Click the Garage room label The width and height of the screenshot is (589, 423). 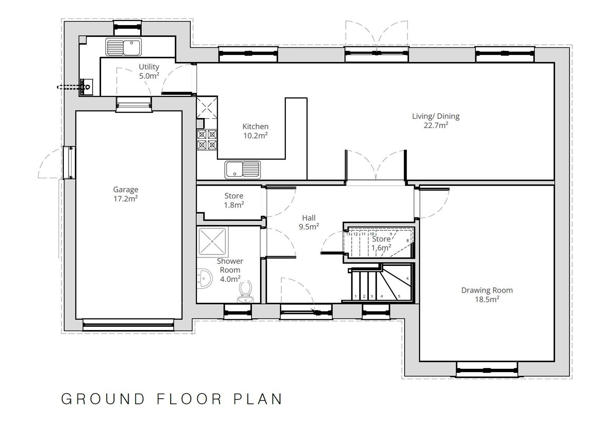coord(125,194)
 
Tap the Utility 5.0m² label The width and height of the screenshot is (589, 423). coord(149,71)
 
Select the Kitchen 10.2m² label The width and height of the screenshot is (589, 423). coord(255,131)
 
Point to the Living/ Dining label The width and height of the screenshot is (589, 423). coord(435,120)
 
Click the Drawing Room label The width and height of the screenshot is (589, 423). coord(486,295)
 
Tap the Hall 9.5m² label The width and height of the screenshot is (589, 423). coord(309,222)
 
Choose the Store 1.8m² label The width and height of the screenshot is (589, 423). coord(234,200)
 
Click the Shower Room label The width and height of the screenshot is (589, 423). coord(230,269)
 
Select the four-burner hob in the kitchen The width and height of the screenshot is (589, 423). coord(207,140)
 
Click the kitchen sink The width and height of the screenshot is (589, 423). coord(242,170)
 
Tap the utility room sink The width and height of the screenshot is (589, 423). coord(123,47)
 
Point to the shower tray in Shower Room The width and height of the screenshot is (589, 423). coord(212,242)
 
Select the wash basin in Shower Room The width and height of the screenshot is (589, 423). coord(204,278)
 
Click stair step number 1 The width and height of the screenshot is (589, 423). coord(356,296)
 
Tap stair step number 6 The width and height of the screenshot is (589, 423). coord(408,278)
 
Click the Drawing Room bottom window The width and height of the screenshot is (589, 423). coord(487,369)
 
